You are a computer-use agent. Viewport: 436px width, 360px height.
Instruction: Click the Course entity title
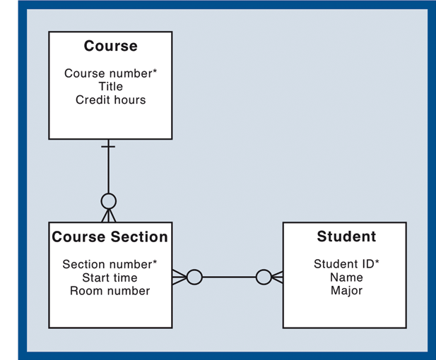[110, 47]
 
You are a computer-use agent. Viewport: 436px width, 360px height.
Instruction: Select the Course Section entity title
[110, 237]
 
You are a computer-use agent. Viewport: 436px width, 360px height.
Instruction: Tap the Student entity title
[346, 237]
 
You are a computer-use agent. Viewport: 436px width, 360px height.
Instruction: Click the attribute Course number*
[110, 73]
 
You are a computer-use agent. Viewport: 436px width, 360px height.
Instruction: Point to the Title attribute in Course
[111, 87]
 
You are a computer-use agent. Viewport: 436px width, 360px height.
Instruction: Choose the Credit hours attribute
[110, 100]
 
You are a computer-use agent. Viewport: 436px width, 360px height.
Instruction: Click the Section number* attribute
[110, 265]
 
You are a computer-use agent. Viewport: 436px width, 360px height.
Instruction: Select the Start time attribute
[110, 277]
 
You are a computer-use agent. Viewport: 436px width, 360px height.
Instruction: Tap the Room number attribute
[110, 291]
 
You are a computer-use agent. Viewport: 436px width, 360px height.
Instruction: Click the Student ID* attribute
[346, 265]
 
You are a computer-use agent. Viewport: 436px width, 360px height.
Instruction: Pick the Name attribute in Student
[346, 277]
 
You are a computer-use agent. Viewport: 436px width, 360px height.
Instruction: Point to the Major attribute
[346, 291]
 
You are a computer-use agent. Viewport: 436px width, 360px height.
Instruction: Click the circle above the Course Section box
[108, 201]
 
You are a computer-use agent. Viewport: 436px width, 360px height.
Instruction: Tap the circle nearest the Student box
[263, 277]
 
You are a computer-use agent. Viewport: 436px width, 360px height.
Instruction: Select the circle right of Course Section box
[194, 277]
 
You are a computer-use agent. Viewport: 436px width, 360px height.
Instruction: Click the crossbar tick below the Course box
[108, 147]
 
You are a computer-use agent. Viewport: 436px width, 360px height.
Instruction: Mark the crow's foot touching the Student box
[277, 277]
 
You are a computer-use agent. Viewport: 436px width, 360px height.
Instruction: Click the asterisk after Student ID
[377, 263]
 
